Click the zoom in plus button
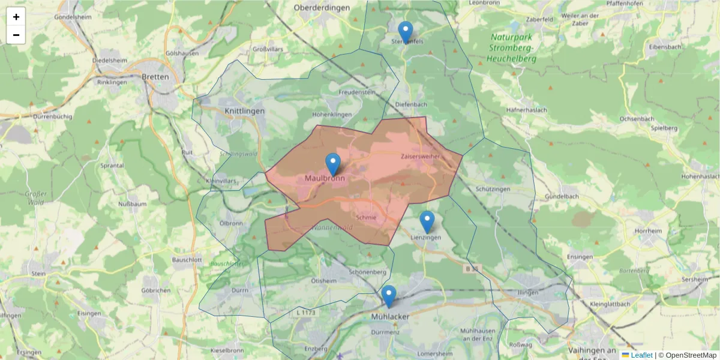pos(16,17)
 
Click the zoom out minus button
pos(16,35)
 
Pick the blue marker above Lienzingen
pos(427,222)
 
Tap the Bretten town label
pos(155,77)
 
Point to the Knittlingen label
pos(244,112)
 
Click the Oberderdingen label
pos(322,8)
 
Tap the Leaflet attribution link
pos(641,355)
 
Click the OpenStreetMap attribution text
pos(691,355)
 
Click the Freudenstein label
pos(356,92)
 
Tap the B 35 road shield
pos(472,269)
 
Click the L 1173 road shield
pos(305,313)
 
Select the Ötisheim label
pos(324,280)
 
